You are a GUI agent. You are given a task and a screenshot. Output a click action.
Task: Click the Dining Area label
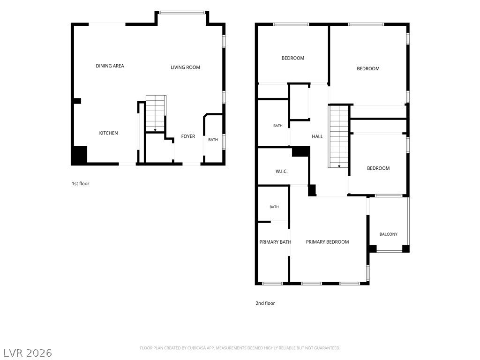coord(110,66)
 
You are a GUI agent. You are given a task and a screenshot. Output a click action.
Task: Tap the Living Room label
coord(185,67)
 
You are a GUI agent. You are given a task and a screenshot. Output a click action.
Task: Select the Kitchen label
coord(108,133)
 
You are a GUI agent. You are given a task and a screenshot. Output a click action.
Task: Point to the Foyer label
coord(188,136)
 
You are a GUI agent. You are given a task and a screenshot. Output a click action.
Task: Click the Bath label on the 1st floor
coord(213,140)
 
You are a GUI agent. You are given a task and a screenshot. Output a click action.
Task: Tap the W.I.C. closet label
coord(282,172)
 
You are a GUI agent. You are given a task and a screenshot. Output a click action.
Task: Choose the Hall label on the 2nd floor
coord(317,136)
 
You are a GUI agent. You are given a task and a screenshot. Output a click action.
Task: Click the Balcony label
coord(389,234)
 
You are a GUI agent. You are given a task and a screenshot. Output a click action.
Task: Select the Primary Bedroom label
coord(327,242)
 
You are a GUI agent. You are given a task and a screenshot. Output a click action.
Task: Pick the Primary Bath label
coord(275,242)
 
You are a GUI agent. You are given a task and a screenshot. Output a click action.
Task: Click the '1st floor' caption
coord(81,184)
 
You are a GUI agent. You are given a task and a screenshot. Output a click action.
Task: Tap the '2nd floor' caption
coord(265,303)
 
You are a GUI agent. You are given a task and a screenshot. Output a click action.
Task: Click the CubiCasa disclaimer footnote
coord(240,348)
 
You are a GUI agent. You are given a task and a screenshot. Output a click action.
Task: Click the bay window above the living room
coord(182,13)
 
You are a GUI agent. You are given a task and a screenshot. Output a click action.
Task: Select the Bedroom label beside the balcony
coord(378,168)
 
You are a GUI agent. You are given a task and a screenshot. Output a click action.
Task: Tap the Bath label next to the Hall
coord(278,126)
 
